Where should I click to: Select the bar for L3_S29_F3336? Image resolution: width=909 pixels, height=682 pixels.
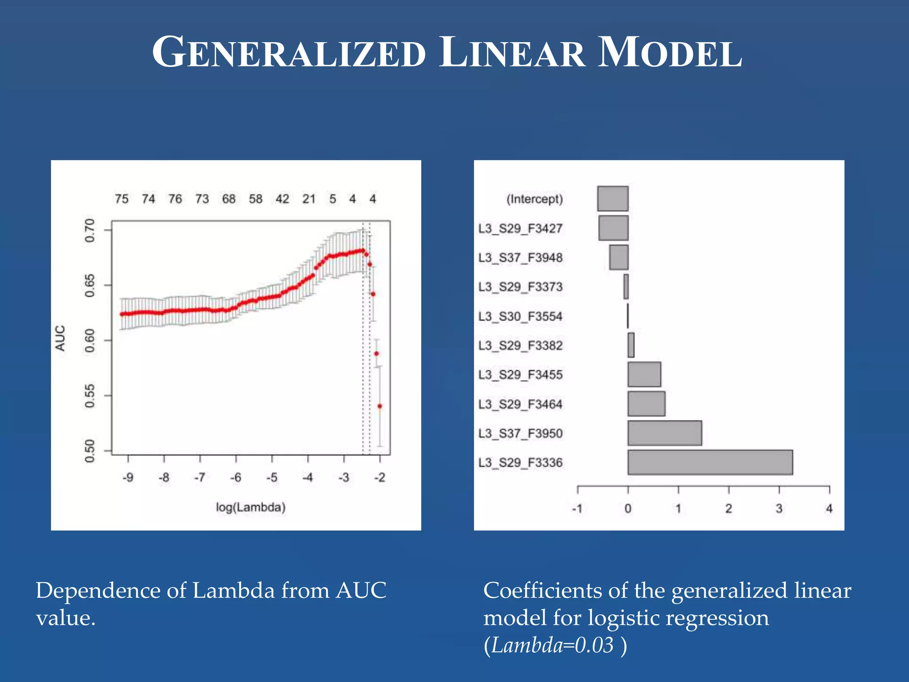click(x=710, y=462)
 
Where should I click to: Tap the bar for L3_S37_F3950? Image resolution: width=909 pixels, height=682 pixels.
click(x=664, y=433)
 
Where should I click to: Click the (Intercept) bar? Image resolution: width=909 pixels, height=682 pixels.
click(x=613, y=198)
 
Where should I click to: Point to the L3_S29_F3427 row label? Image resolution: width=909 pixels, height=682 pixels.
click(x=520, y=229)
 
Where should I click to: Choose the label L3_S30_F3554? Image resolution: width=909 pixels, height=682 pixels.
click(x=520, y=317)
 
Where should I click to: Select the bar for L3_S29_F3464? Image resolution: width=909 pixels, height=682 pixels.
click(x=646, y=404)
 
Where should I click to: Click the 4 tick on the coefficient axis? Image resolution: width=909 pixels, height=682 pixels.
click(x=829, y=509)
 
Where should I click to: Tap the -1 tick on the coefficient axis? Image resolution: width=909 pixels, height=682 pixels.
click(x=577, y=509)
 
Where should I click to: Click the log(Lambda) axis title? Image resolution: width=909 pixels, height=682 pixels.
click(x=250, y=507)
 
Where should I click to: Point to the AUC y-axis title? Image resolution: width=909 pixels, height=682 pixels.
click(x=60, y=338)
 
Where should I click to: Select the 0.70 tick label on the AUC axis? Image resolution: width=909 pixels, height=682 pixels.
click(x=90, y=230)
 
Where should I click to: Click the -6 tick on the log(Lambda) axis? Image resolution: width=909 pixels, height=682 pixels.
click(x=235, y=478)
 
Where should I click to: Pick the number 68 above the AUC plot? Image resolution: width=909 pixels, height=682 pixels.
click(x=229, y=199)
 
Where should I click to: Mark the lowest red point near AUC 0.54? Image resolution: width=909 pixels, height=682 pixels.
click(x=379, y=406)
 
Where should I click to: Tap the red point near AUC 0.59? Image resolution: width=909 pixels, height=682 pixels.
click(x=376, y=354)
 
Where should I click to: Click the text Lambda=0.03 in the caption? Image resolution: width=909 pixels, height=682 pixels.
click(x=552, y=645)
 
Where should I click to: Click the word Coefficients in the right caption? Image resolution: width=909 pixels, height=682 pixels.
click(x=542, y=591)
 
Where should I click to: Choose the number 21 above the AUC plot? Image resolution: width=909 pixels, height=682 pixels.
click(x=309, y=199)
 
